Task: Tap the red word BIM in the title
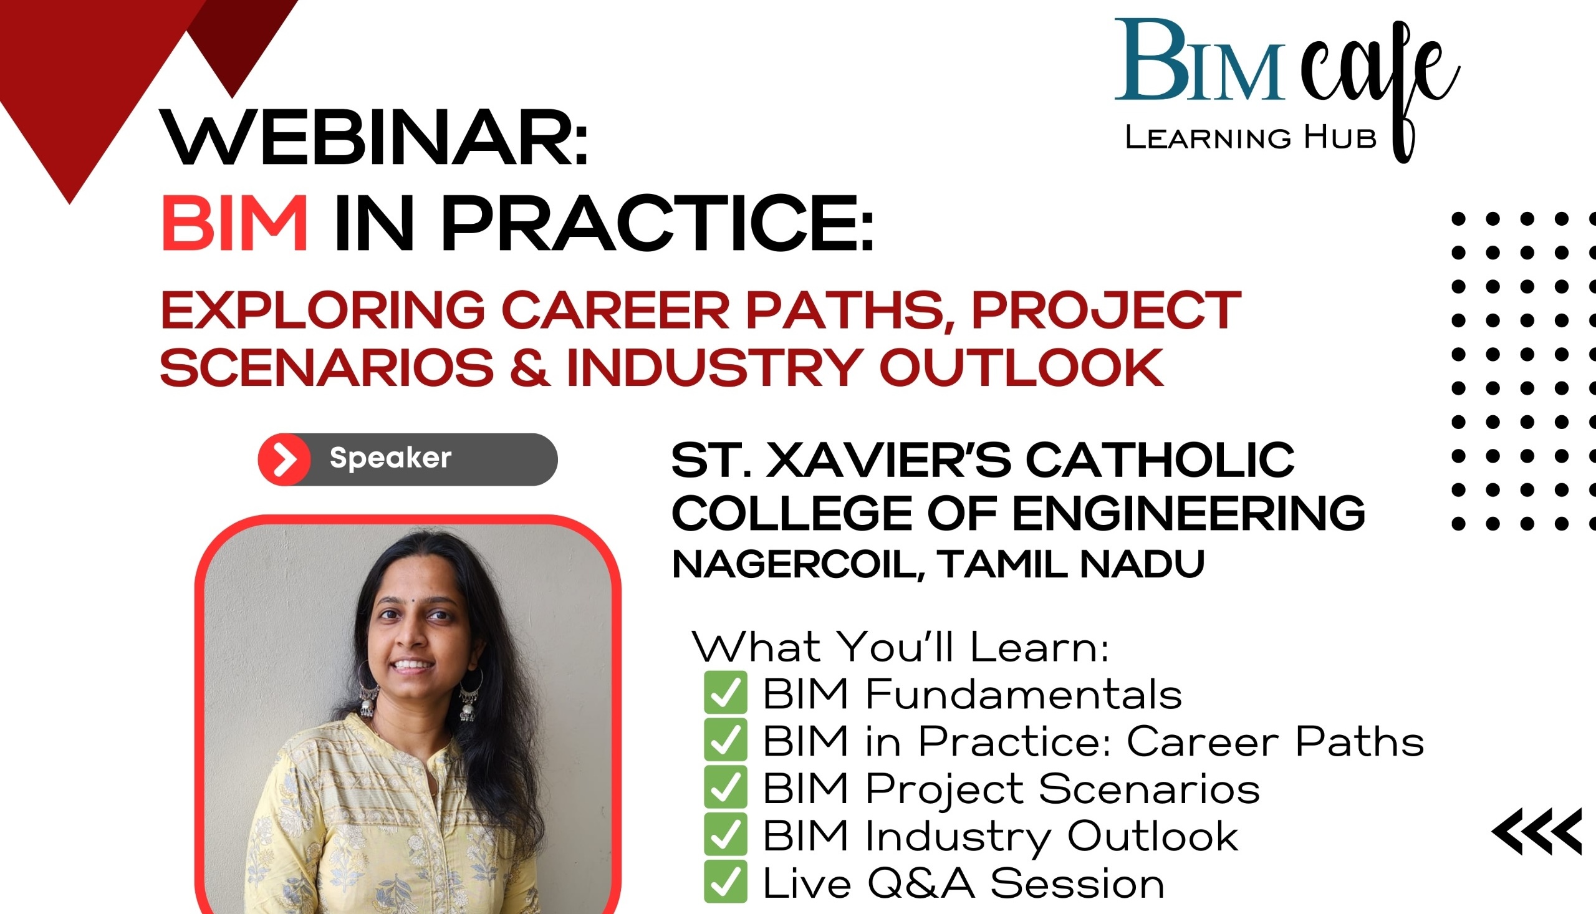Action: (x=234, y=223)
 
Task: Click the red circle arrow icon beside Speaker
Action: (x=285, y=459)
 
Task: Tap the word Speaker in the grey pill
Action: (x=390, y=458)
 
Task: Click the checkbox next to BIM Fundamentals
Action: (x=725, y=692)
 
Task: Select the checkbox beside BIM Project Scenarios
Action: (x=725, y=787)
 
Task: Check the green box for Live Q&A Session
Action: (x=725, y=882)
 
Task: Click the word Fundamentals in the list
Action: (x=1023, y=694)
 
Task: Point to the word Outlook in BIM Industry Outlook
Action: (x=1152, y=836)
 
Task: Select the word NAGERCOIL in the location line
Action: (x=797, y=564)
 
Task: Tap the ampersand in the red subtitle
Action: (x=530, y=367)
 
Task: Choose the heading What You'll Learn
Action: (x=900, y=647)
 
